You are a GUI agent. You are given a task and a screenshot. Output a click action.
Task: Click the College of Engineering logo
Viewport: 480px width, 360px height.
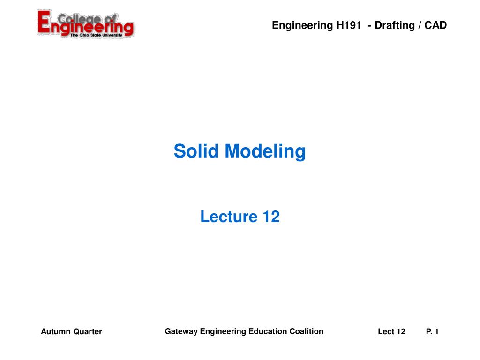86,24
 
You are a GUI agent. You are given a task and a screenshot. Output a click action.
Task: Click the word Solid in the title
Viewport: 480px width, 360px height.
197,151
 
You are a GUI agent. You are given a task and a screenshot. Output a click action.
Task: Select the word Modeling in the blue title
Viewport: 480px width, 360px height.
265,151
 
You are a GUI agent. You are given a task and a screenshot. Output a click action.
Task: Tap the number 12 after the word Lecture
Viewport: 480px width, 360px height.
271,217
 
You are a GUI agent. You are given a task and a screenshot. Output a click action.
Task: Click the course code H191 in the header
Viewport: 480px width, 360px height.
348,25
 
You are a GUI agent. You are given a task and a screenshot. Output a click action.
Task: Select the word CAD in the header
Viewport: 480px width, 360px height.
436,25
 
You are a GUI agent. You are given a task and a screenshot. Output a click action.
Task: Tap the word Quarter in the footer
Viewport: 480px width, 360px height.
87,332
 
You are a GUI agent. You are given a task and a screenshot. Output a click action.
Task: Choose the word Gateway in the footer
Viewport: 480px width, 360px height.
181,331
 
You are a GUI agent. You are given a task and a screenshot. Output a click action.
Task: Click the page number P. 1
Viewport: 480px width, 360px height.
432,332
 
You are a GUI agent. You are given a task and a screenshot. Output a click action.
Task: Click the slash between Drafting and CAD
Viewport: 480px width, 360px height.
420,25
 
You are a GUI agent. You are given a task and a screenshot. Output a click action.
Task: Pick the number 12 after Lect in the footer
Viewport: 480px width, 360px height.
401,332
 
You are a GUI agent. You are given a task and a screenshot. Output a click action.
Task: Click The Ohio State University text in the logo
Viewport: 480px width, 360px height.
96,35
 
